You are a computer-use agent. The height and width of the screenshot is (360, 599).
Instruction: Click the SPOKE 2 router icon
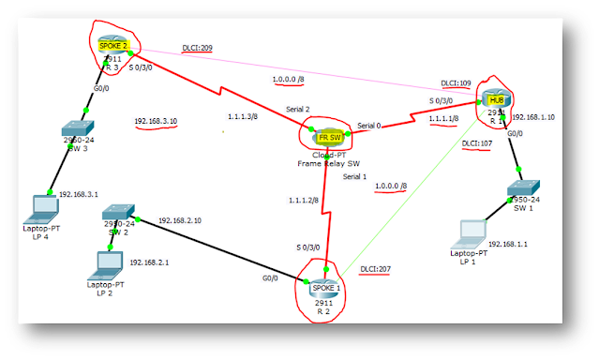(x=112, y=44)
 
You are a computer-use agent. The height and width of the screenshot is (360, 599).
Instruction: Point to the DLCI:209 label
(x=199, y=49)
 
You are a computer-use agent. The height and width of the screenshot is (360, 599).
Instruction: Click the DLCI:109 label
(x=457, y=83)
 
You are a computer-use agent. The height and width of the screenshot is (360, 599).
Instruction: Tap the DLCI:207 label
(x=377, y=269)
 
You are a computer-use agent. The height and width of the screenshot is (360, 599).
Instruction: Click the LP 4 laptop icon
(x=41, y=204)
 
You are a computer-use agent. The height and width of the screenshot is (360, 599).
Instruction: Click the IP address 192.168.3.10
(x=157, y=122)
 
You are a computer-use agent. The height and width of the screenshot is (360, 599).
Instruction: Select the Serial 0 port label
(x=371, y=125)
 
